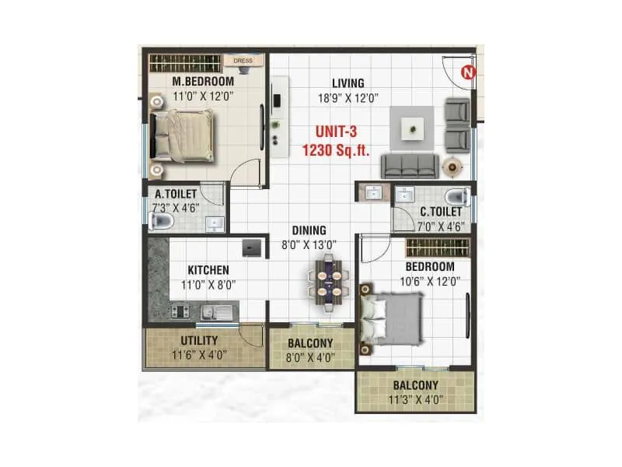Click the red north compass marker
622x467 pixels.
[x=468, y=72]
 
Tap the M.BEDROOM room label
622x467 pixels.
[x=203, y=82]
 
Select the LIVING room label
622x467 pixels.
[x=348, y=83]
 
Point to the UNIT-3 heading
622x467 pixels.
[x=337, y=132]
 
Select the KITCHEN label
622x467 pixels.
[x=208, y=270]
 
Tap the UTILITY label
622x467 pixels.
[x=199, y=341]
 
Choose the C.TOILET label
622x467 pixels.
[x=441, y=211]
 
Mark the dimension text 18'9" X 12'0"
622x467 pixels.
[x=348, y=98]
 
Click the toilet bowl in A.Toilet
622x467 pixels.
[x=161, y=222]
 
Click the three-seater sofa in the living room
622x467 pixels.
[x=407, y=164]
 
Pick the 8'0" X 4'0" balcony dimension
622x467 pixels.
[x=310, y=357]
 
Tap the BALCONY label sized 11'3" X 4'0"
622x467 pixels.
[x=414, y=385]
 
